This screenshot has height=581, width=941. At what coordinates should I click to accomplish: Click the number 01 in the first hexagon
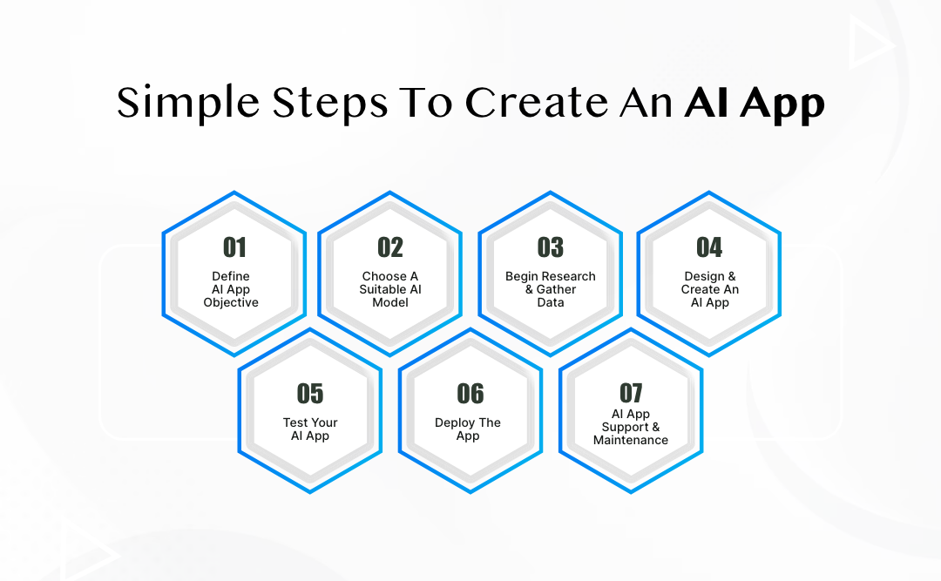coord(234,248)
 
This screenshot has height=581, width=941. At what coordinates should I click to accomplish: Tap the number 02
coord(390,248)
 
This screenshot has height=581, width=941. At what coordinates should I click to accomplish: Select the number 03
coord(550,248)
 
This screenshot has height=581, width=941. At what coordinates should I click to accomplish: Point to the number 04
coord(709,248)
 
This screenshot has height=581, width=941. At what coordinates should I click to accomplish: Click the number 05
coord(310,395)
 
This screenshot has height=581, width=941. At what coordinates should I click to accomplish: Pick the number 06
coord(470,395)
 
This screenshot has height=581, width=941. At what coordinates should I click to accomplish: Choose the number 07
coord(631,393)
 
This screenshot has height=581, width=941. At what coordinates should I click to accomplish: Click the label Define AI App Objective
coord(231,289)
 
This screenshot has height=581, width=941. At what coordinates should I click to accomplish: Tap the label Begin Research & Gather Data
coord(551,289)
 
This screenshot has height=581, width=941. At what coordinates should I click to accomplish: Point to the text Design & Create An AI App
coord(709,289)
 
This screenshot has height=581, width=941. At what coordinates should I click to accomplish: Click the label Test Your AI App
coord(310,429)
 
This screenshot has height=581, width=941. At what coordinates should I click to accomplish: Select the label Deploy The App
coord(468,429)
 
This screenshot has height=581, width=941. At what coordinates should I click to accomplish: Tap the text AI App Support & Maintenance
coord(631,427)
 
